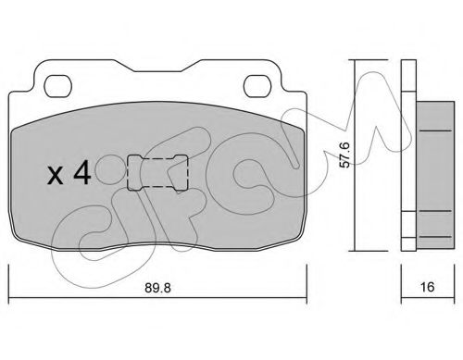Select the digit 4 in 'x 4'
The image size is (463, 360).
81,173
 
